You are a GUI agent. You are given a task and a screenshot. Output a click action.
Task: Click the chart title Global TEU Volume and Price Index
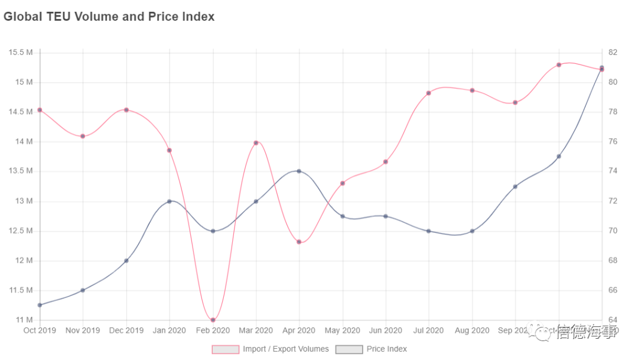[x=109, y=17]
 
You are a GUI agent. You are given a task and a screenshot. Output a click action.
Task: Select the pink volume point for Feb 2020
[x=213, y=320]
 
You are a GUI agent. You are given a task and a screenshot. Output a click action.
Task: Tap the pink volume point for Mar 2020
[x=256, y=142]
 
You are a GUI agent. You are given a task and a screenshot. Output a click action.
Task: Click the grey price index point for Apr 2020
[x=299, y=171]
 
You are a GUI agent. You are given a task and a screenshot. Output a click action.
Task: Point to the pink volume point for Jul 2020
[x=428, y=93]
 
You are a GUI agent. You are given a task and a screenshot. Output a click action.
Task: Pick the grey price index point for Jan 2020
[x=170, y=201]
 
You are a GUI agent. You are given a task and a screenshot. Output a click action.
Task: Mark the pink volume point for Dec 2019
[x=126, y=110]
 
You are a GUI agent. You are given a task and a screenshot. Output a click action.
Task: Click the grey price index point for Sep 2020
[x=515, y=186]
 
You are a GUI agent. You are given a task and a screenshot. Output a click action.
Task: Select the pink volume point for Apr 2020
[x=299, y=242]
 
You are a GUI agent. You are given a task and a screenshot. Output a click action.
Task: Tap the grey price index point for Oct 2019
[x=40, y=305]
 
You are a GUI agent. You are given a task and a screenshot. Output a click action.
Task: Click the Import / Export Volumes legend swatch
[x=225, y=349]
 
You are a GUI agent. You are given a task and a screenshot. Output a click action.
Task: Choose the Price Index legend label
[x=386, y=349]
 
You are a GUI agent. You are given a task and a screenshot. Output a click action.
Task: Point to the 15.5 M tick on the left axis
[x=21, y=53]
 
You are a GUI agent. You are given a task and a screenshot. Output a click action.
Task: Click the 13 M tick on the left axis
[x=24, y=201]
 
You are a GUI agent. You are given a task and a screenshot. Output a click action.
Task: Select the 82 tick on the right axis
[x=613, y=53]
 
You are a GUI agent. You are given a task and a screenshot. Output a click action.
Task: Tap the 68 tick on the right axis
[x=613, y=261]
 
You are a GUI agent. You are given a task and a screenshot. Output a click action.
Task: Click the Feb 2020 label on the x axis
[x=213, y=330]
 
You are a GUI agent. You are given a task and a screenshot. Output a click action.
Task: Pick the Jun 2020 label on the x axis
[x=386, y=330]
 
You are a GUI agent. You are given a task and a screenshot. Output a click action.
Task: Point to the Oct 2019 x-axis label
[x=40, y=330]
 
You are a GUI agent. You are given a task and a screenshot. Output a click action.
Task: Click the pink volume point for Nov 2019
[x=83, y=136]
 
